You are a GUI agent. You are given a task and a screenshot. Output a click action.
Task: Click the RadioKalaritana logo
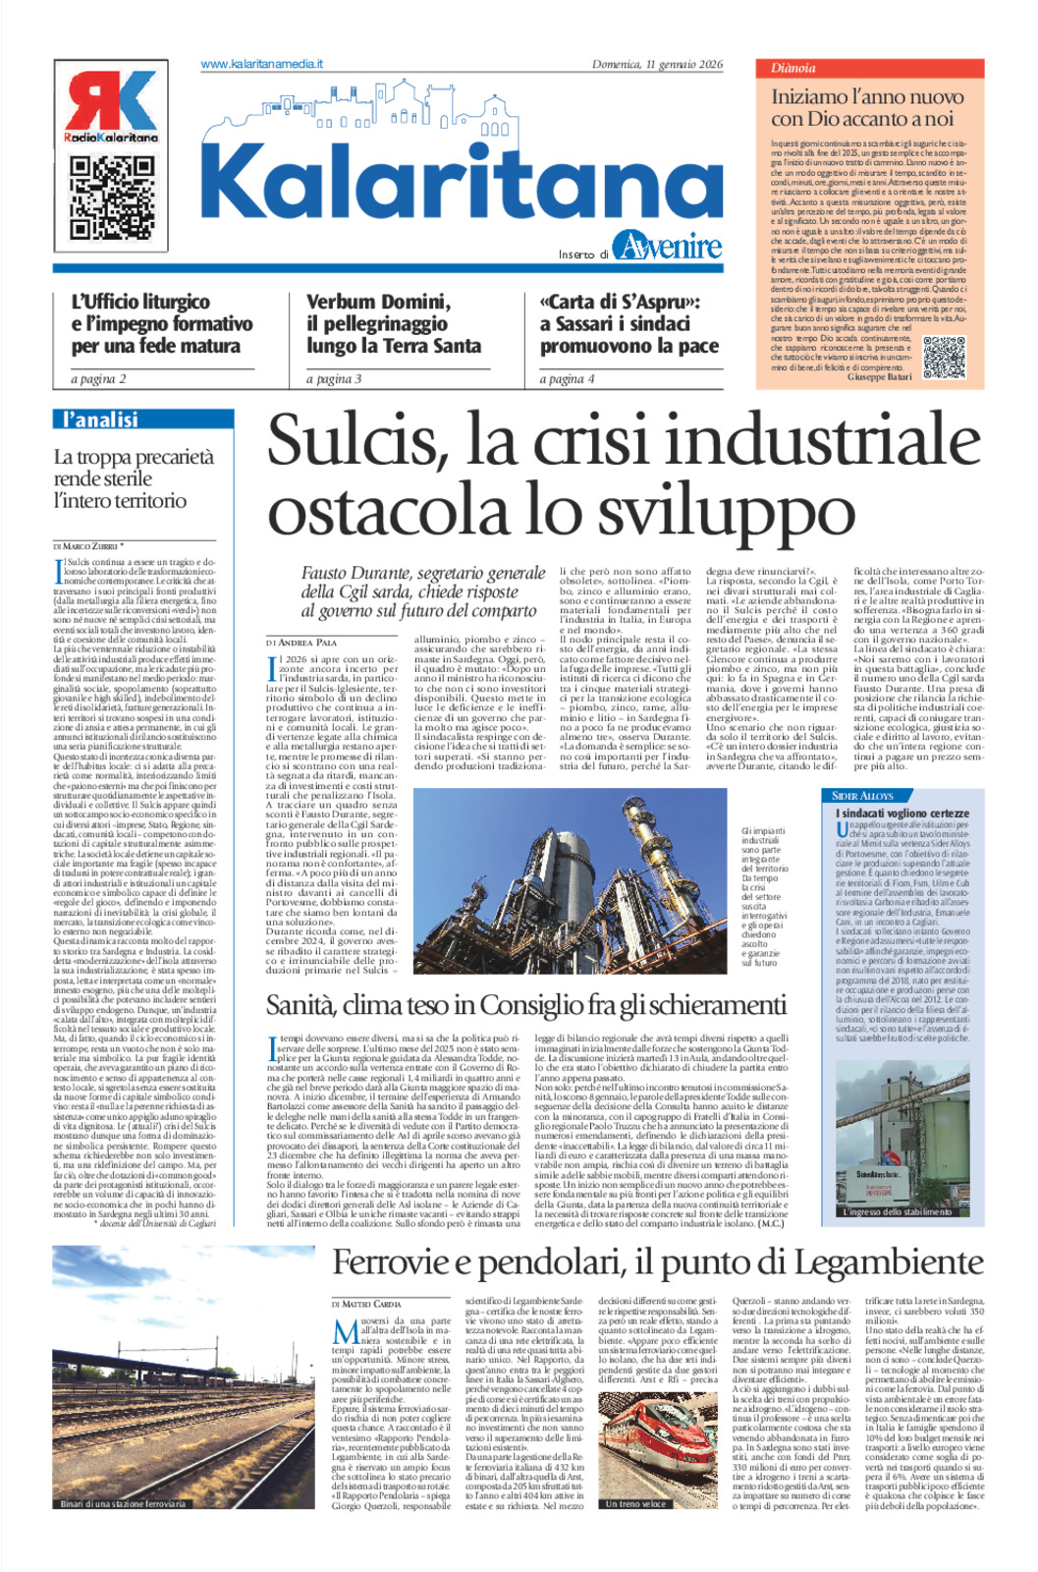pyautogui.click(x=110, y=107)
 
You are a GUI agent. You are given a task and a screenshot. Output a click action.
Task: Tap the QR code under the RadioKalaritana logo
pyautogui.click(x=111, y=197)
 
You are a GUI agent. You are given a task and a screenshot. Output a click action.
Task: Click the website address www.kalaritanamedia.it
pyautogui.click(x=261, y=65)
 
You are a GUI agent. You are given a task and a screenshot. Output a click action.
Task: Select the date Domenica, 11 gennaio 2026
pyautogui.click(x=656, y=65)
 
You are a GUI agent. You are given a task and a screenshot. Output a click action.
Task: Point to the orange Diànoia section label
pyautogui.click(x=793, y=69)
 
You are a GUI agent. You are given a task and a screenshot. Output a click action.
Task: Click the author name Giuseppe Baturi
pyautogui.click(x=879, y=377)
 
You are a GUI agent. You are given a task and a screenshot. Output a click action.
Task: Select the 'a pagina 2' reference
pyautogui.click(x=98, y=379)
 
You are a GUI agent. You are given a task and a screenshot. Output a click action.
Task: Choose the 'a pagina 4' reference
pyautogui.click(x=567, y=379)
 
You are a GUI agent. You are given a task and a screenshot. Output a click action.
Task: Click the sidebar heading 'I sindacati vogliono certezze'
pyautogui.click(x=901, y=814)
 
